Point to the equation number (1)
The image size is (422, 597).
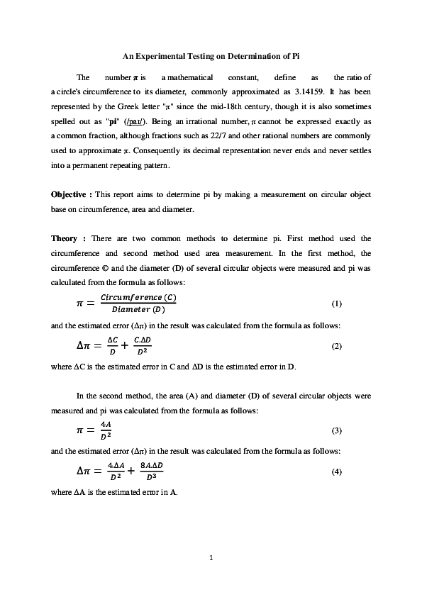337,303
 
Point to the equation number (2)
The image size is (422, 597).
337,346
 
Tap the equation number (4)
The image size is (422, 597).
337,473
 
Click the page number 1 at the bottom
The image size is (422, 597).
211,559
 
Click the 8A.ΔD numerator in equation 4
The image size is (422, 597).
150,466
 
